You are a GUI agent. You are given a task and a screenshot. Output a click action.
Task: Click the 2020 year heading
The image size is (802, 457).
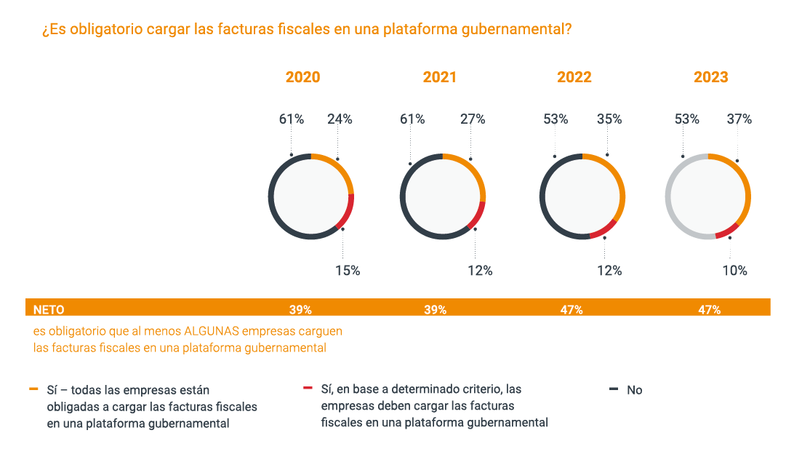[x=302, y=77]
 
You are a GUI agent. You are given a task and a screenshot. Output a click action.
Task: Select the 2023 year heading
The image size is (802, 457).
[x=710, y=77]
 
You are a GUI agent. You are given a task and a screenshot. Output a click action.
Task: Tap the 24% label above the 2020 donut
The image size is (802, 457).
[x=340, y=119]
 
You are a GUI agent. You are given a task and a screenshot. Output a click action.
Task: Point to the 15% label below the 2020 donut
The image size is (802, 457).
[x=348, y=271]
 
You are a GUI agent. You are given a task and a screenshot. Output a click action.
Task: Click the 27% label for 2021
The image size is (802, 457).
[x=473, y=119]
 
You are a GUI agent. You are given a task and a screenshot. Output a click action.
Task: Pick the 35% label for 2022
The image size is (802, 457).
[x=609, y=119]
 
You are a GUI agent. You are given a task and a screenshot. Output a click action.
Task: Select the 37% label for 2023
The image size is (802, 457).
[x=739, y=119]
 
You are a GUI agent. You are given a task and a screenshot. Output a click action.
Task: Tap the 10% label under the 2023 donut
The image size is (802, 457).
[x=734, y=271]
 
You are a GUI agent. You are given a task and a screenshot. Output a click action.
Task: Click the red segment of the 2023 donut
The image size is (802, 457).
[x=726, y=231]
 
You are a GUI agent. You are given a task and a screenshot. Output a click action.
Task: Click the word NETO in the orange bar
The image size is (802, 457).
[x=49, y=310]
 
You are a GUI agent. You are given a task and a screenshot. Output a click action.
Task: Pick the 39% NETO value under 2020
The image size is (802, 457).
[x=300, y=310]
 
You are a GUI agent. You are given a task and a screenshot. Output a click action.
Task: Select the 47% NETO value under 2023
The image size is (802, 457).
[x=709, y=310]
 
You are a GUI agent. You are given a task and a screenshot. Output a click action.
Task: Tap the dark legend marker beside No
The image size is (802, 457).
[x=613, y=389]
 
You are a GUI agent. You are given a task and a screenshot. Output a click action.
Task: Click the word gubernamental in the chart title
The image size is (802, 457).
[x=516, y=30]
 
